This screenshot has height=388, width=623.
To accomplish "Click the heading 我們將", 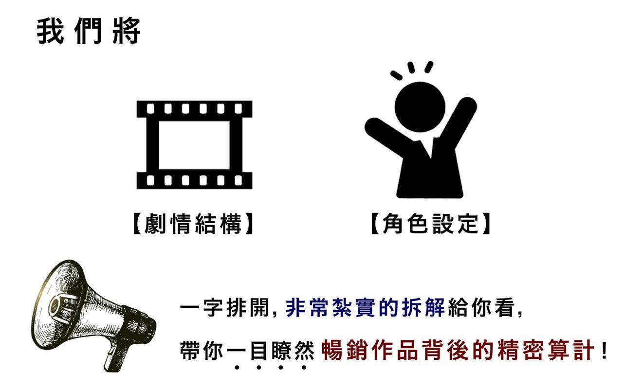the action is click(89, 31).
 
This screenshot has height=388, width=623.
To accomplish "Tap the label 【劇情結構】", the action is click(194, 224).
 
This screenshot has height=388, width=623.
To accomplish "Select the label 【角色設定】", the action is click(431, 224).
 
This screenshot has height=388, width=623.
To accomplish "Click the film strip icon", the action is click(194, 145).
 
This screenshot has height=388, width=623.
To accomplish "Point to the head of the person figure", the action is click(420, 107).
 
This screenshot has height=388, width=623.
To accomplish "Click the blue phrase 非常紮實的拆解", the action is click(365, 308).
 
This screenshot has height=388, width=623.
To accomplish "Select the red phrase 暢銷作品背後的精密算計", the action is click(458, 350).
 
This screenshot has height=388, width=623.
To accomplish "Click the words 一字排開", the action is click(224, 308).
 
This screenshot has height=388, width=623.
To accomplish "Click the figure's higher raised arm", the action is click(459, 123).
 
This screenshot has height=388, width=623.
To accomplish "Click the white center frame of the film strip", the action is click(194, 145).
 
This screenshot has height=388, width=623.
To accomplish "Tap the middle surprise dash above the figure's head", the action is click(411, 68).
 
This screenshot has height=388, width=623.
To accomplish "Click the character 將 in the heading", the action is click(126, 31).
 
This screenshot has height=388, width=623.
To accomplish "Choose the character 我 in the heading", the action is click(50, 31).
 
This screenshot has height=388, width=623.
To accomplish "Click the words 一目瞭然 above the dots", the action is click(270, 350).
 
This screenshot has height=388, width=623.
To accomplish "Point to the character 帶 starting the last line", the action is click(190, 350).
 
